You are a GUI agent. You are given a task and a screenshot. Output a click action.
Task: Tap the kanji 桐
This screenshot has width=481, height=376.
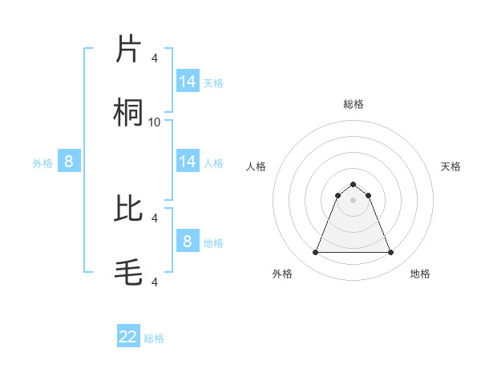(x=129, y=113)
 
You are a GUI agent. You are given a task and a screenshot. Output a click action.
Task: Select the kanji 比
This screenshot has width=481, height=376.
(x=129, y=208)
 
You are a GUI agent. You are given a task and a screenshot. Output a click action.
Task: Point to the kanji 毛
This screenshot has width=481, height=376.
(x=129, y=272)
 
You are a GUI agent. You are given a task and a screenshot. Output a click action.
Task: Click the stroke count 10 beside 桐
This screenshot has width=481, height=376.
(x=155, y=122)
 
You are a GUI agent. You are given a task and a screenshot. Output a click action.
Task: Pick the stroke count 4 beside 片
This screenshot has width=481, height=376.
(x=155, y=58)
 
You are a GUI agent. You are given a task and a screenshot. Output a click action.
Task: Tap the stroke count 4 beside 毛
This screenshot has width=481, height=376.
(x=155, y=282)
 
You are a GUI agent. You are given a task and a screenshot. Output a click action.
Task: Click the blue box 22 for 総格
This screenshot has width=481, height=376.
(x=128, y=337)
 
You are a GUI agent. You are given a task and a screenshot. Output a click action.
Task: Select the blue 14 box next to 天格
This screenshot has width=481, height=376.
(x=188, y=81)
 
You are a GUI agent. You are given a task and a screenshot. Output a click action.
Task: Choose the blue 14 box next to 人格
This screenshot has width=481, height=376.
(x=188, y=162)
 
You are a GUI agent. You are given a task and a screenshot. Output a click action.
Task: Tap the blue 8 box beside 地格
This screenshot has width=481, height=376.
(x=188, y=241)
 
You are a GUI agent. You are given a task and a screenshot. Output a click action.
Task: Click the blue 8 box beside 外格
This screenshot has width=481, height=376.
(x=69, y=162)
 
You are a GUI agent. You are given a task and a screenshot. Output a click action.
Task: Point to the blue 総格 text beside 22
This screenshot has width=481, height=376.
(x=154, y=338)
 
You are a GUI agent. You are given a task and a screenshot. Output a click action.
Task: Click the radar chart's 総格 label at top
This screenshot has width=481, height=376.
(x=353, y=104)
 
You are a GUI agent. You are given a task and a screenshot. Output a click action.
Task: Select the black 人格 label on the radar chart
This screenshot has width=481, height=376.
(x=257, y=166)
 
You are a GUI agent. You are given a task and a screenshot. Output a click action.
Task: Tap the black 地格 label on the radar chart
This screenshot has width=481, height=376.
(x=420, y=274)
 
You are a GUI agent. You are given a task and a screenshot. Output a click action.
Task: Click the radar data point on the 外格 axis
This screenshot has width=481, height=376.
(x=315, y=253)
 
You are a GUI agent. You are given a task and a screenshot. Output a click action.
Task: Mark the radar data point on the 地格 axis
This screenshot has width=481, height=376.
(x=391, y=253)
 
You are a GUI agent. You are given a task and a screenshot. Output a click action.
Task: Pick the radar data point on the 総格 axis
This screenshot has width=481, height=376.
(x=353, y=185)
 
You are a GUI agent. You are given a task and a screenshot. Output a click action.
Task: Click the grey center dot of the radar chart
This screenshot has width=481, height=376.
(x=353, y=200)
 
